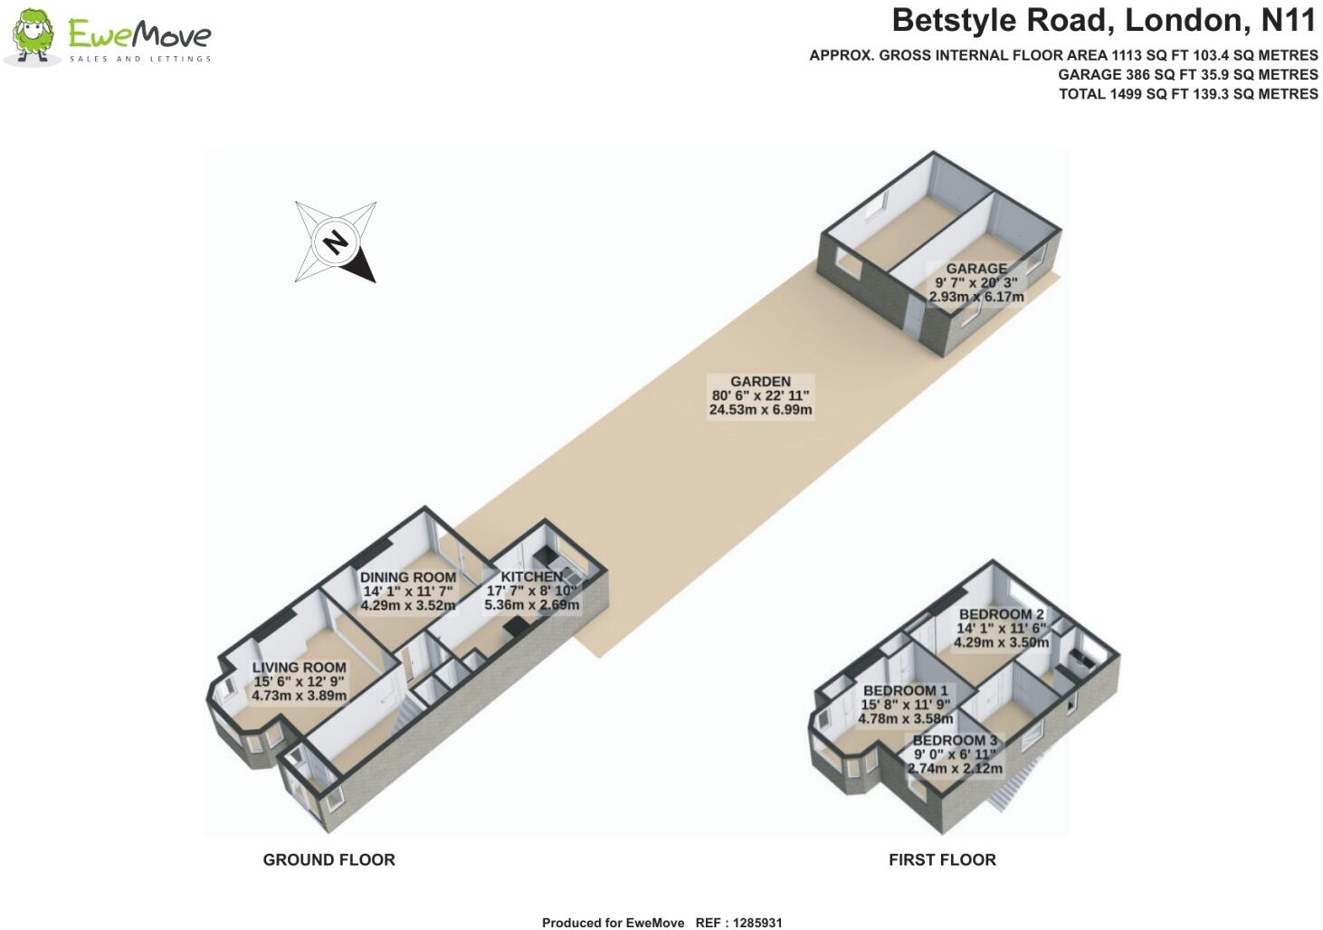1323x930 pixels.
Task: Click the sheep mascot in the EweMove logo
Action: click(33, 35)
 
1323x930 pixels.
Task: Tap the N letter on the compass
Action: click(336, 242)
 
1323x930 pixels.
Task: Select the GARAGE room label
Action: click(976, 269)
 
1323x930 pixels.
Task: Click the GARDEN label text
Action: click(760, 382)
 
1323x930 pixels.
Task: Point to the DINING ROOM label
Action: click(408, 577)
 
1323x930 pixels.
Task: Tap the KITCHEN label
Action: click(531, 577)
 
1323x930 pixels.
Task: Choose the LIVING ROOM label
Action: click(299, 668)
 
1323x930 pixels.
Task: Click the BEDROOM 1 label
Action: click(906, 691)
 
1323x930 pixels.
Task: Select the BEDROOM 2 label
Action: click(1001, 614)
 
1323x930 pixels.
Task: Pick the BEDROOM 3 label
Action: click(955, 740)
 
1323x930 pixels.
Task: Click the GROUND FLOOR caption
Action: click(329, 860)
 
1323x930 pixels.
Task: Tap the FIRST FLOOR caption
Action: click(942, 860)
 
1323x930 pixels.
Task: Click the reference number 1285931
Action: click(757, 923)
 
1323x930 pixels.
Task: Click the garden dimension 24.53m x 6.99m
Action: click(760, 410)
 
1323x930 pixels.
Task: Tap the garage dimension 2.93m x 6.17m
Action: click(976, 297)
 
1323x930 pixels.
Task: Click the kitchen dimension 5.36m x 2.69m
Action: click(531, 605)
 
